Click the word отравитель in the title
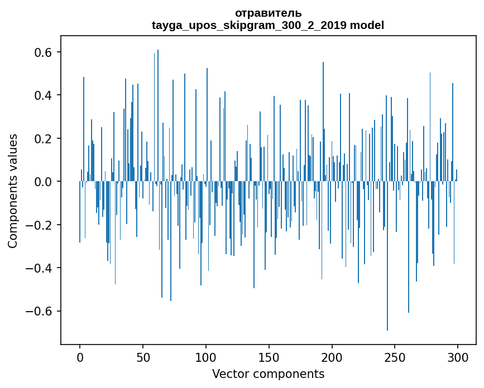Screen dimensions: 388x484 click(x=268, y=13)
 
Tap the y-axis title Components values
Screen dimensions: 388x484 click(x=13, y=191)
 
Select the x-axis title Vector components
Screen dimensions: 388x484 click(x=268, y=374)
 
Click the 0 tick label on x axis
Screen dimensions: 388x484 click(x=80, y=357)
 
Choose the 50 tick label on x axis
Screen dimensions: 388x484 click(x=143, y=357)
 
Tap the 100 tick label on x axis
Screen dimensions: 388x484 click(x=206, y=357)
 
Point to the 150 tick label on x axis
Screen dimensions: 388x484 click(x=269, y=357)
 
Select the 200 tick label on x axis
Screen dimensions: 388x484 click(x=332, y=357)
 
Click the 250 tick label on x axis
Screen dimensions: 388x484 click(x=395, y=357)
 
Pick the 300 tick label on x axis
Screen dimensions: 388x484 click(x=458, y=357)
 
